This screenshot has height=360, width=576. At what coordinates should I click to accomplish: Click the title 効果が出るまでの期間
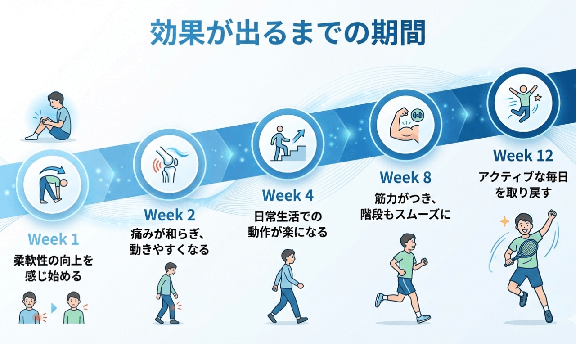288,33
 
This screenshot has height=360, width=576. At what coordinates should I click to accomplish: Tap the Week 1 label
53,239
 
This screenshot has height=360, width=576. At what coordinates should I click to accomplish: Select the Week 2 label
170,215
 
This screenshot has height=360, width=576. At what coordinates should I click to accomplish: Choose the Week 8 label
405,177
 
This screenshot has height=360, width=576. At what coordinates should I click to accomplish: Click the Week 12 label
523,156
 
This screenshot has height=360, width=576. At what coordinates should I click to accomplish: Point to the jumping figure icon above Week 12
523,103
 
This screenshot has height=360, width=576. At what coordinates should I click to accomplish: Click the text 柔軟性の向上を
53,260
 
